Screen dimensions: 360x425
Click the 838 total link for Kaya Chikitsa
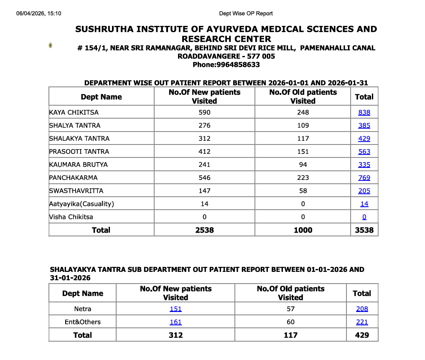tap(364, 112)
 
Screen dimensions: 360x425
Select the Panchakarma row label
tap(73, 177)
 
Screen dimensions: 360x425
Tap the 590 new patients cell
tap(204, 112)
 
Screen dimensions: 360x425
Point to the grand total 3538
tap(364, 230)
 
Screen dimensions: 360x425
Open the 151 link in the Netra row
tap(176, 309)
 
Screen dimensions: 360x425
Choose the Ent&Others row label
tap(83, 322)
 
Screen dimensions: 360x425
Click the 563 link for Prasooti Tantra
tap(364, 152)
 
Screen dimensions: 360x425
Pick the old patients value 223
tap(303, 177)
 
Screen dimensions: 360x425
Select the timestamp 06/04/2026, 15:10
tap(39, 13)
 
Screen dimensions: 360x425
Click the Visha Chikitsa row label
tap(71, 217)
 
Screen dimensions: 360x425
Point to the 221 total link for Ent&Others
tap(362, 322)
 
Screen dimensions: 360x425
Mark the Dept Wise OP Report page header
tap(246, 13)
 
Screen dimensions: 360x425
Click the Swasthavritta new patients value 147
tap(204, 191)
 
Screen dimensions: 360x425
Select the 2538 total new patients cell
tap(204, 230)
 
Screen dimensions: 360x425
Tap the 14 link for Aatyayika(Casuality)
tap(364, 204)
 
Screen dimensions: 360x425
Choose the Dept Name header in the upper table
tap(101, 97)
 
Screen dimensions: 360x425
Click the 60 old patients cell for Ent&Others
tap(290, 322)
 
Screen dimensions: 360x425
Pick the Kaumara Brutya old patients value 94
tap(303, 165)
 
